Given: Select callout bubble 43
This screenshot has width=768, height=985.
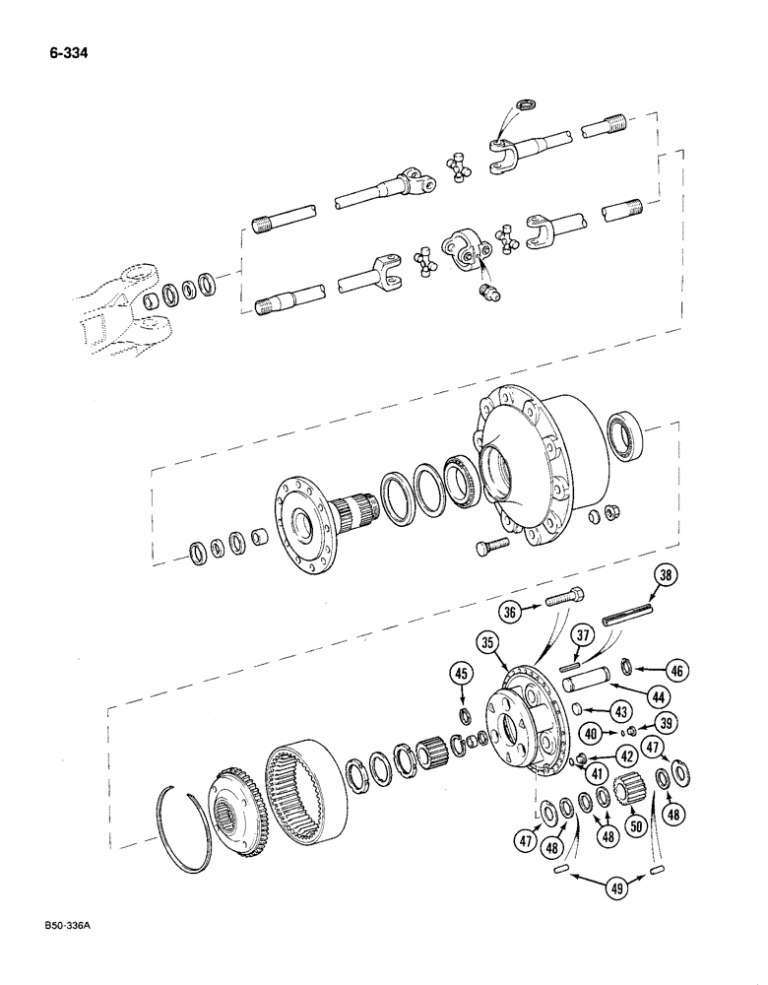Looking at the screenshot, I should pyautogui.click(x=619, y=711).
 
